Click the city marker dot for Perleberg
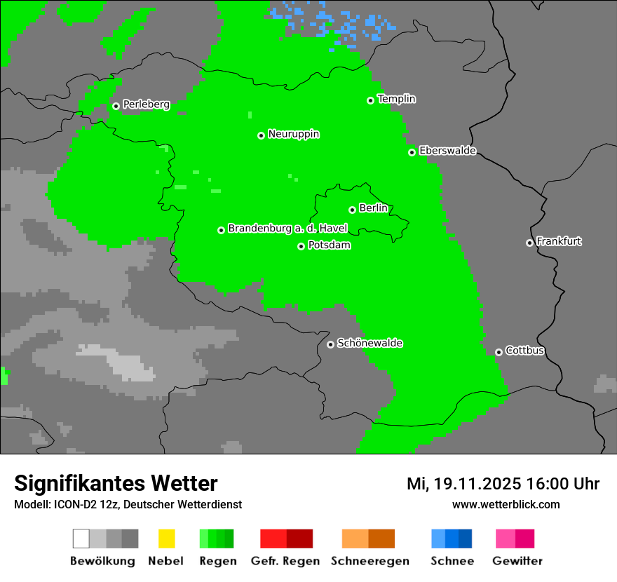click(116, 107)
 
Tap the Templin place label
click(397, 99)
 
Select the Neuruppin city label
click(294, 134)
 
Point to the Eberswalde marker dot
click(412, 152)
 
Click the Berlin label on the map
click(373, 208)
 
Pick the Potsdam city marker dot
click(301, 246)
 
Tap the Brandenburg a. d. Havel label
click(287, 229)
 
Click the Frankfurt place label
click(559, 241)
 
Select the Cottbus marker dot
click(499, 352)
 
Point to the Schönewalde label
click(370, 343)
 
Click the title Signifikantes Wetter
click(116, 483)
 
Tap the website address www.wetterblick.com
click(506, 504)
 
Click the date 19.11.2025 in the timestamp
click(477, 484)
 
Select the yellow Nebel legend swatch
click(166, 539)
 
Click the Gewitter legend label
click(517, 561)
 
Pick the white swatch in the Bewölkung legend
click(81, 539)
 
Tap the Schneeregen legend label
click(370, 561)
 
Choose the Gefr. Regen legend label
click(285, 561)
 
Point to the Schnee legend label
click(452, 561)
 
